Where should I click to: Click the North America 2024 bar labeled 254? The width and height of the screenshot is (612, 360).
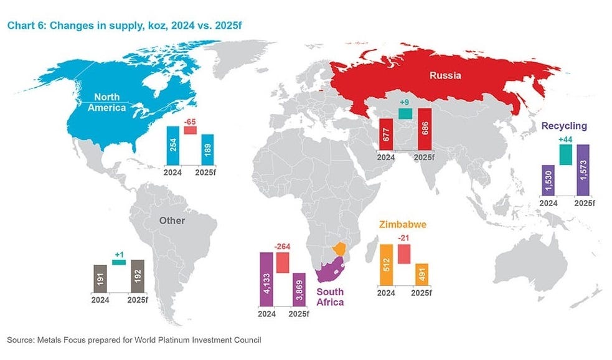coord(174,146)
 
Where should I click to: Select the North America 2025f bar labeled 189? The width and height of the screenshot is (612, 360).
coord(207,151)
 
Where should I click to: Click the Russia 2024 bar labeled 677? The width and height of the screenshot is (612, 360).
coord(387,133)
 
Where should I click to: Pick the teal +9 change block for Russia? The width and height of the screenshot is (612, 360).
coord(405,113)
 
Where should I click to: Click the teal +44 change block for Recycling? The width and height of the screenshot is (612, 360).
coord(565,154)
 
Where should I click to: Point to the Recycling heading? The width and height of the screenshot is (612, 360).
coord(564,126)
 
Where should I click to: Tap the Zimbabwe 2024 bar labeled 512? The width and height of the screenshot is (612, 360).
coord(386,265)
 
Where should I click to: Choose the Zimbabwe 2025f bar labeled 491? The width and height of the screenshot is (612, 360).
coord(421,275)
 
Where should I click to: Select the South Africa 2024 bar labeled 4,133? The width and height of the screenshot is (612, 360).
coord(266,279)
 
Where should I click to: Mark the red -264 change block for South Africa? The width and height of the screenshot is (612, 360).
coord(283,263)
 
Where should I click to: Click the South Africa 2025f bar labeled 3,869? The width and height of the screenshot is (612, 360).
coord(299,289)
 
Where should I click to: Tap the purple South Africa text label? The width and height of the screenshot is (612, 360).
coord(330,296)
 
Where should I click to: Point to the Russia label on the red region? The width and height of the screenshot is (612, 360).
coord(445,76)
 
